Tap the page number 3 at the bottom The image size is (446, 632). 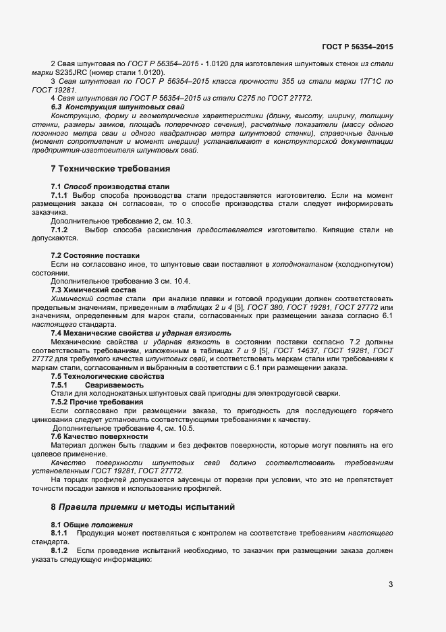pos(391,584)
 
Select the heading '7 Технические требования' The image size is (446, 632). pos(110,168)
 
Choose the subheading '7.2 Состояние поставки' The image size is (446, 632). pos(95,255)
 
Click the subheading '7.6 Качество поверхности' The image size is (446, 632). pos(99,436)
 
